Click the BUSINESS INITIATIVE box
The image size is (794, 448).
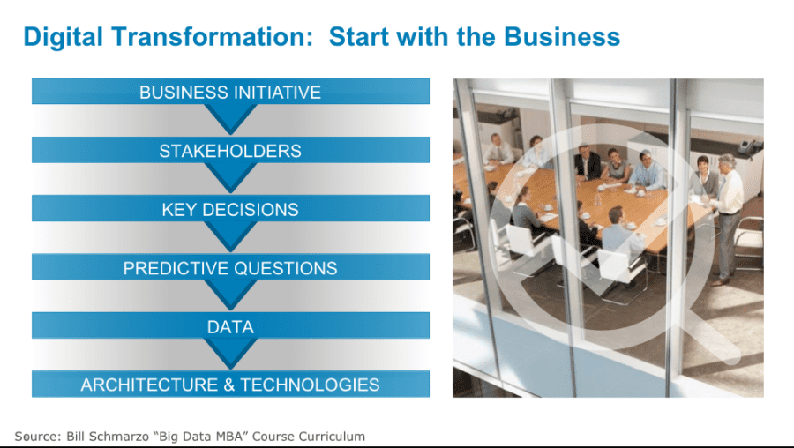click(230, 91)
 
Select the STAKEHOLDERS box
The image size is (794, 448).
click(230, 150)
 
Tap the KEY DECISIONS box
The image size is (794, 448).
click(230, 208)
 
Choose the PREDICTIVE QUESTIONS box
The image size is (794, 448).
click(230, 267)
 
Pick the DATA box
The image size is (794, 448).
click(230, 325)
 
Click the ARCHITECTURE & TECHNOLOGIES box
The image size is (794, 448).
click(230, 385)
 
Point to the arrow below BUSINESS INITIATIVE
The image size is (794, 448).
click(230, 118)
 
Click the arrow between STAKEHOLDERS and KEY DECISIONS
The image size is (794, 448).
click(230, 177)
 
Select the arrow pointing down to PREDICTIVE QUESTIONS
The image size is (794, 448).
click(230, 235)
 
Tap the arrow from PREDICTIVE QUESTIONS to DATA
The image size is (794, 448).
click(230, 295)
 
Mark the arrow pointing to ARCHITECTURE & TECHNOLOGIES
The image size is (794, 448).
click(230, 353)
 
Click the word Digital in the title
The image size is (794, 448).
click(64, 37)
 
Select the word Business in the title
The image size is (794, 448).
click(562, 36)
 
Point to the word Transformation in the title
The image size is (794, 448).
click(212, 36)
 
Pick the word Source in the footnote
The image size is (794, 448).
click(37, 437)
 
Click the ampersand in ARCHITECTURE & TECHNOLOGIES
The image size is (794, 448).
click(228, 385)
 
